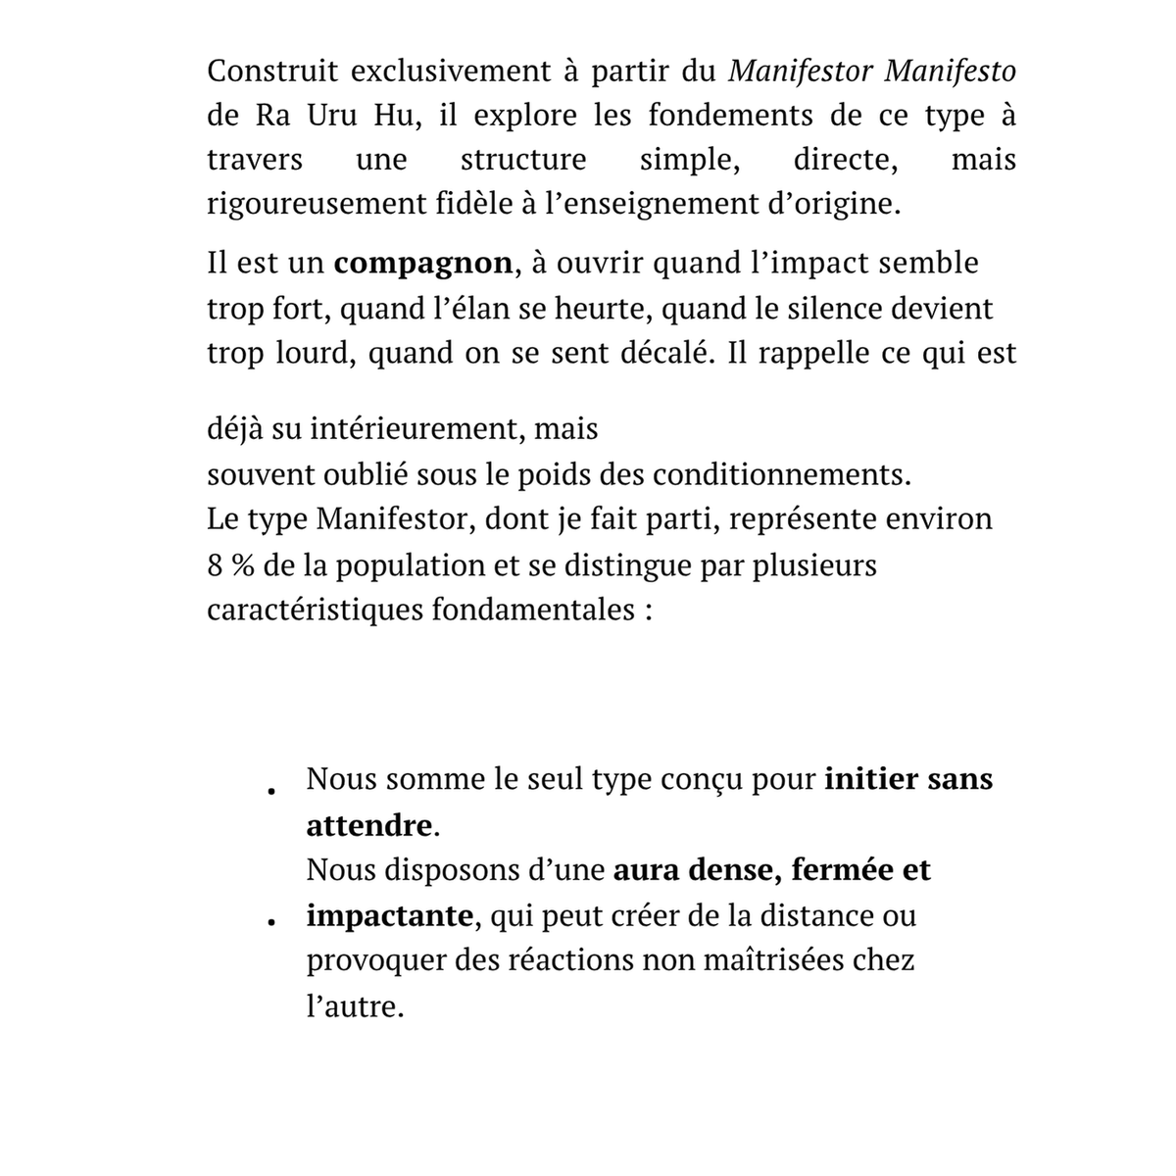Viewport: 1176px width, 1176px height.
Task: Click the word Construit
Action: [269, 72]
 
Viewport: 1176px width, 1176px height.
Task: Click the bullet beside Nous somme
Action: [268, 790]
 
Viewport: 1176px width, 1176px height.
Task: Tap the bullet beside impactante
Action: [268, 922]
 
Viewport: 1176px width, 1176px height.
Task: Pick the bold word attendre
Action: [369, 826]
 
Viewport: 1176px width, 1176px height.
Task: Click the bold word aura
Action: [648, 870]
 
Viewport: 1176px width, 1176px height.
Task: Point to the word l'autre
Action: [354, 1005]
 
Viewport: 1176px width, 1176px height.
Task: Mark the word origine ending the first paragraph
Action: [850, 205]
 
